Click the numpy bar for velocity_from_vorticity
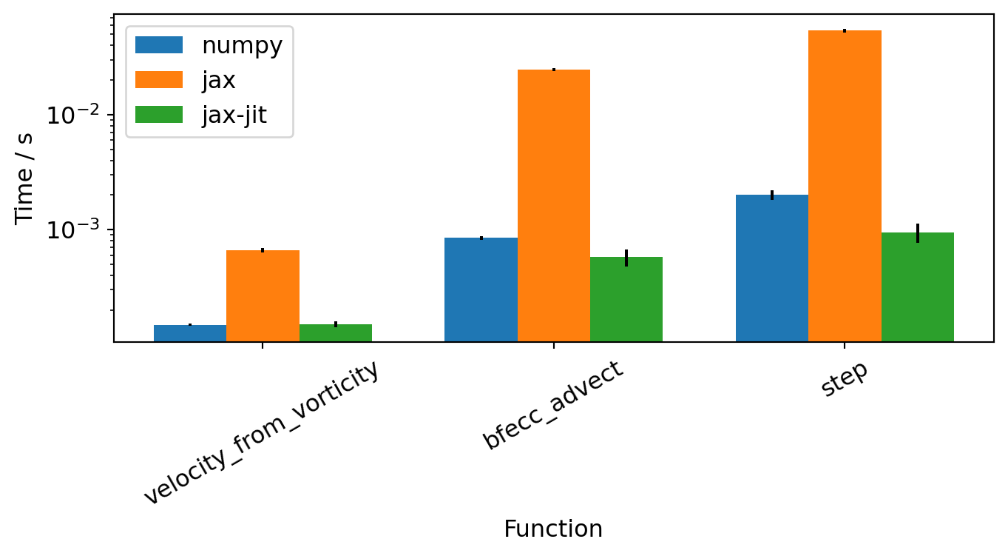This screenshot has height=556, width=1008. [190, 333]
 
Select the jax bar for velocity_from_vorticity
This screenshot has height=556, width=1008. [263, 295]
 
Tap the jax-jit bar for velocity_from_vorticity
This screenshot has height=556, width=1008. [336, 333]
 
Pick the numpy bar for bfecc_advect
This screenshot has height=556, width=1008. [481, 289]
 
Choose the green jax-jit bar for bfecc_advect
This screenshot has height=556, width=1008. [626, 299]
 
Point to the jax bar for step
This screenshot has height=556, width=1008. [845, 186]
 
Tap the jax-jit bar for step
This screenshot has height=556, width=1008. [918, 287]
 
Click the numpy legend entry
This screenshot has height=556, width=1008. [242, 46]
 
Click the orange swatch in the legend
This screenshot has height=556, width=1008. [159, 80]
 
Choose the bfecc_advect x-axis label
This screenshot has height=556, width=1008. [554, 404]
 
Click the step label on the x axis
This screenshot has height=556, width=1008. [845, 380]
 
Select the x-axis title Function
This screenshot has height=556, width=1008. [553, 529]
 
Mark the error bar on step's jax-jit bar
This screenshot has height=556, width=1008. [918, 232]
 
